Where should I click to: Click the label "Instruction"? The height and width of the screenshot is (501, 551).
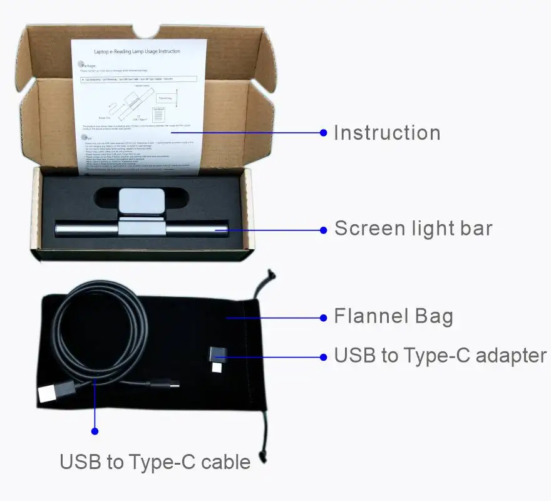pos(386,133)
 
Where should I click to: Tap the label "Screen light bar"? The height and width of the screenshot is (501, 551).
pos(413,229)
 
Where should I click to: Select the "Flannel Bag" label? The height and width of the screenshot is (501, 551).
pos(393,316)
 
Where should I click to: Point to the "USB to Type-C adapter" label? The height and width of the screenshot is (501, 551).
pos(440,356)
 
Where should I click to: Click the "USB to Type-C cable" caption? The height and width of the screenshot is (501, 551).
pos(155,462)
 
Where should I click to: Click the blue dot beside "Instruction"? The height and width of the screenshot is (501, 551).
pos(324,132)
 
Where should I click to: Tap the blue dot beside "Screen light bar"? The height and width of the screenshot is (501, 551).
pos(324,230)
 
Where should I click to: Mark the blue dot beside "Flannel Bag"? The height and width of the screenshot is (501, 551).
pos(324,318)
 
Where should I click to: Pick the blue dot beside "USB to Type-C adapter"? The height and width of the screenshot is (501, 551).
pos(324,357)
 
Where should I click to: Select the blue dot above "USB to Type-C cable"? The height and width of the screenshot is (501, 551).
pos(95,431)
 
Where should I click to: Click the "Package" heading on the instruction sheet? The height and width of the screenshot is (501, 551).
pos(88,65)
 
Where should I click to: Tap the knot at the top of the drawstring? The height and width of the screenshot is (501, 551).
pos(269,276)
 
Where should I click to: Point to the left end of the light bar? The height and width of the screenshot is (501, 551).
pos(59,229)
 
